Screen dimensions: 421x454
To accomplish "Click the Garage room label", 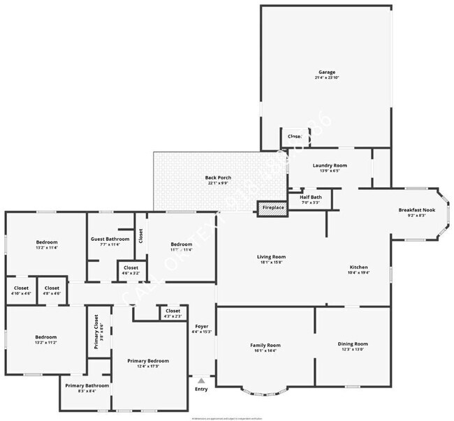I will [x=326, y=72].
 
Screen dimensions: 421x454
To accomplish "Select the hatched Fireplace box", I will [x=272, y=207].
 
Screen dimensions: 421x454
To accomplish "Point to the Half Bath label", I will [x=310, y=197].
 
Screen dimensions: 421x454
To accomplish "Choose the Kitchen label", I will [x=358, y=267].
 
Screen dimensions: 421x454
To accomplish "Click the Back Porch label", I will [x=218, y=177].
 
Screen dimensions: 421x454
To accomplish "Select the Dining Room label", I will [x=353, y=344].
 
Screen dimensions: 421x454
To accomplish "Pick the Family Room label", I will [x=265, y=346].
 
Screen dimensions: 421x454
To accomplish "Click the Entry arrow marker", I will [x=201, y=381].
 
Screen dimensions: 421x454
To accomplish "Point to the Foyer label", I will [x=201, y=326].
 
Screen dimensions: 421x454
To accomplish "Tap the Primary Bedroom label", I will [x=148, y=361].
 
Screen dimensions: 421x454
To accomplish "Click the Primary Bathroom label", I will [x=87, y=385].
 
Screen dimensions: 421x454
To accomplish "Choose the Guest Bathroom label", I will [x=110, y=239].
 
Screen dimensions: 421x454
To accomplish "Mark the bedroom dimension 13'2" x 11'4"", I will [x=46, y=248].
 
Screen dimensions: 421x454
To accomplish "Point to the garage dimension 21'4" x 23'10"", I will [x=326, y=77].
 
